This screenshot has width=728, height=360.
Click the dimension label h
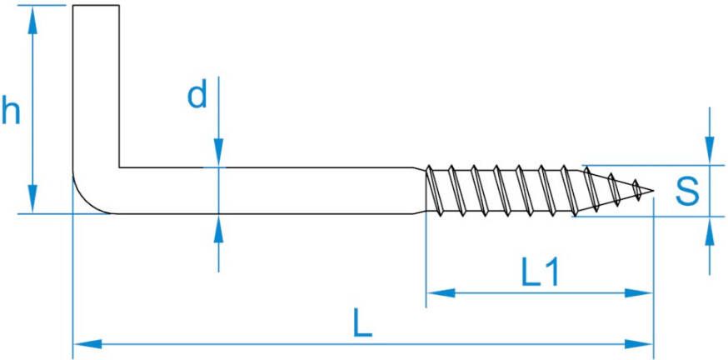(x=12, y=110)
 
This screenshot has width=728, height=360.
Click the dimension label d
(x=197, y=96)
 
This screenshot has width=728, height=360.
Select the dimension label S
(x=686, y=191)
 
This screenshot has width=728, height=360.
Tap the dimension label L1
(x=539, y=272)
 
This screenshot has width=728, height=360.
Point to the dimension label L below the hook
(x=362, y=323)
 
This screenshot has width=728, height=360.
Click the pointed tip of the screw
(x=651, y=192)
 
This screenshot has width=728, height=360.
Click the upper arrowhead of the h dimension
(x=32, y=21)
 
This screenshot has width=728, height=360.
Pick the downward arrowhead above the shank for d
(x=218, y=154)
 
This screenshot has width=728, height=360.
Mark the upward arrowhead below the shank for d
(x=218, y=227)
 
